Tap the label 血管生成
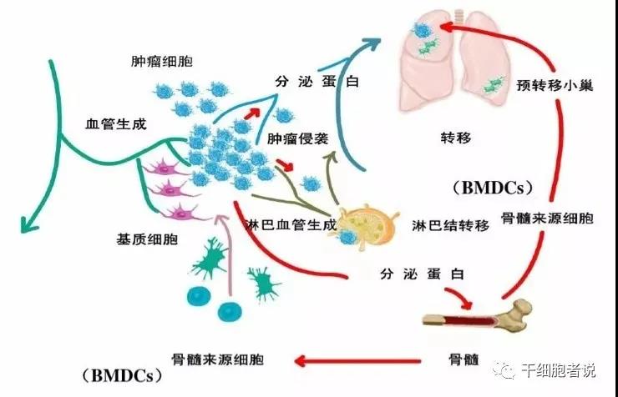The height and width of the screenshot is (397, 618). [x=116, y=123]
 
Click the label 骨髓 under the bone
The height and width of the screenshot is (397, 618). [x=463, y=359]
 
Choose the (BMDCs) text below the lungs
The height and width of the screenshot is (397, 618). [x=491, y=186]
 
